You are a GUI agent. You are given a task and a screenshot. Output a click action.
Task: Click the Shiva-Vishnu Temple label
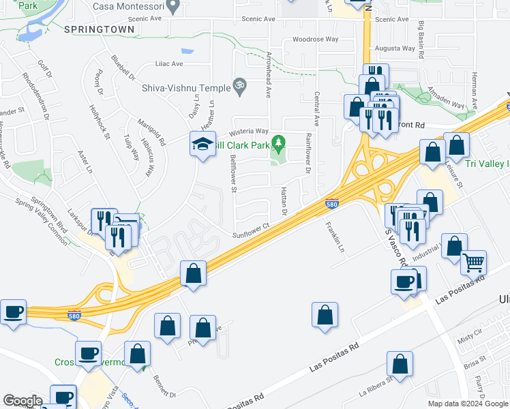185,87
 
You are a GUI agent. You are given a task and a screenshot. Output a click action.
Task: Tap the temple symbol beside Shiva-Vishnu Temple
239,86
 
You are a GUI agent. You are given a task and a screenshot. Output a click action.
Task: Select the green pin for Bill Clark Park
277,143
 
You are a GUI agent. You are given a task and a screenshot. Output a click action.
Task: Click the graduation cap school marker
202,144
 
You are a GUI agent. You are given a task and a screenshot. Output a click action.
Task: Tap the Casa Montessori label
131,6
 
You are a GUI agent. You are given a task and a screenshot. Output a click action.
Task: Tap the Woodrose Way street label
315,40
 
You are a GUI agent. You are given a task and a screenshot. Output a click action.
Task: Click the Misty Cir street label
470,339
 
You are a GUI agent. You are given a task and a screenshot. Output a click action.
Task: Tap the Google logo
22,401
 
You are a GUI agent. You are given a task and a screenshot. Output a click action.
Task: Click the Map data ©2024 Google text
467,404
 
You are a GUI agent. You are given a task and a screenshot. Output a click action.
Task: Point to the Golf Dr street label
45,69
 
